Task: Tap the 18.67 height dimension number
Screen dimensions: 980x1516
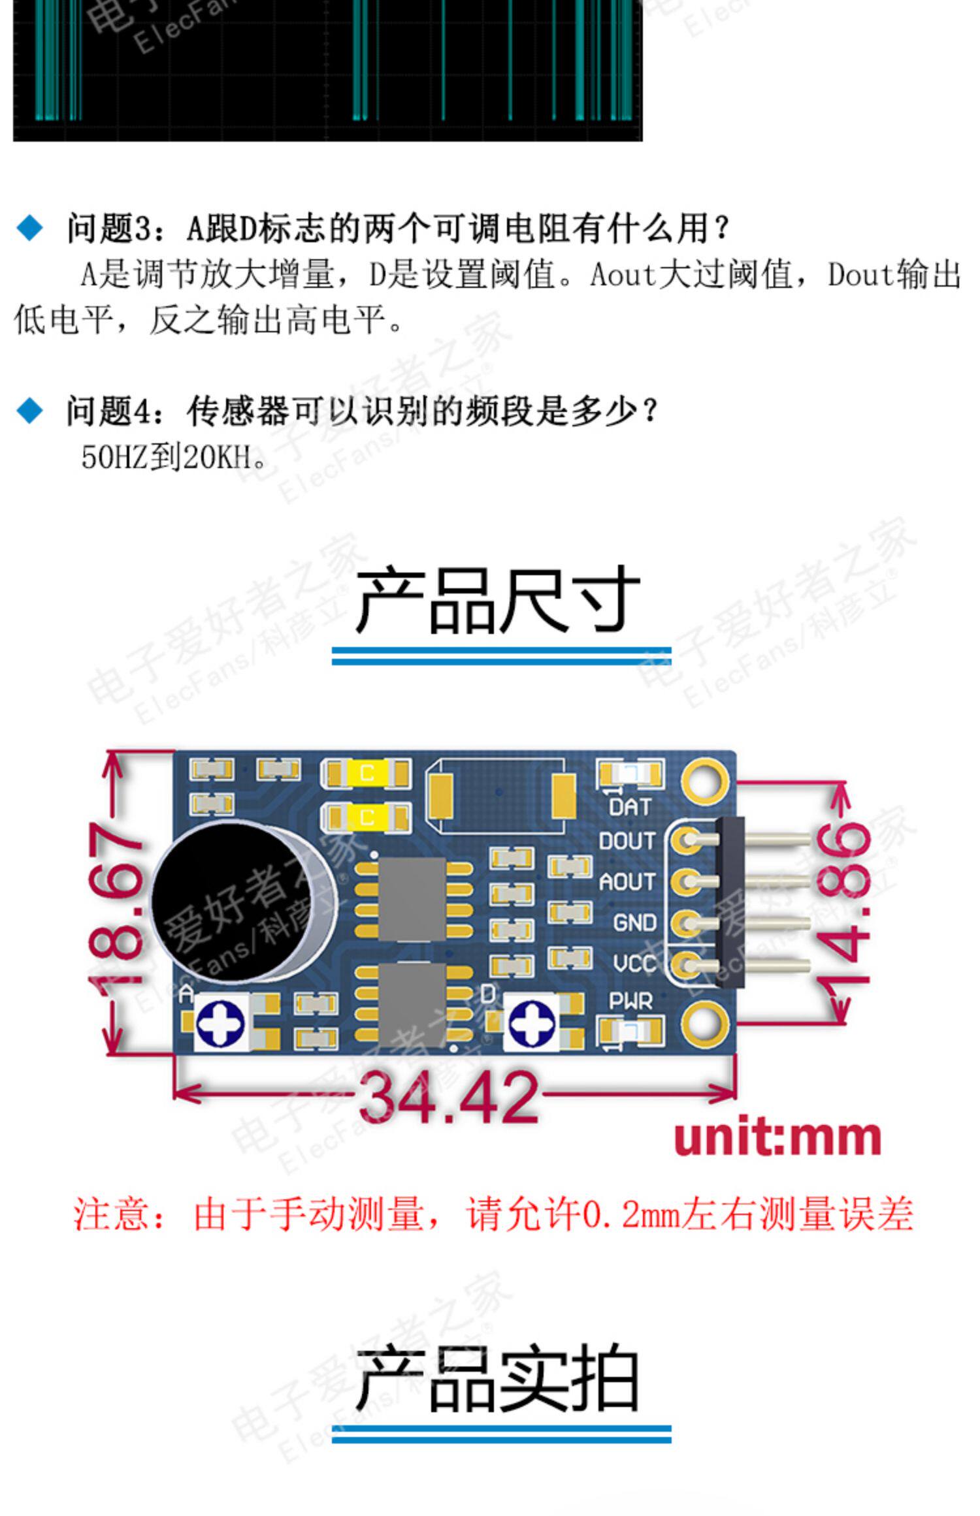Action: pyautogui.click(x=116, y=903)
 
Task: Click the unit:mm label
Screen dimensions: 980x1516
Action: pyautogui.click(x=777, y=1138)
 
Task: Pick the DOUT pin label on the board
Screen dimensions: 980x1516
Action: pyautogui.click(x=627, y=842)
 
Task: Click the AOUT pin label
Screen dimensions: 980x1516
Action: pyautogui.click(x=627, y=882)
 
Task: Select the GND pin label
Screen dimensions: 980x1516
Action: pyautogui.click(x=634, y=923)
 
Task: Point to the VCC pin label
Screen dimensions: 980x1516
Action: pyautogui.click(x=634, y=964)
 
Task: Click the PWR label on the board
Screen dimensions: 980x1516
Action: pyautogui.click(x=630, y=1001)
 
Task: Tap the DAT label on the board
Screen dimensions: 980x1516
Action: pyautogui.click(x=630, y=808)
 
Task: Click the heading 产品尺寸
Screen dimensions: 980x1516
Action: pyautogui.click(x=497, y=600)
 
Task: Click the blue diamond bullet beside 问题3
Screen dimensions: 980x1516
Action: pyautogui.click(x=29, y=229)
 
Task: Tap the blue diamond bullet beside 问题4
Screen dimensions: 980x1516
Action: pyautogui.click(x=29, y=411)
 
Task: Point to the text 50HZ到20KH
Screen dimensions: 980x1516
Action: pyautogui.click(x=174, y=457)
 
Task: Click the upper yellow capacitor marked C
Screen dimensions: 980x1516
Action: pyautogui.click(x=367, y=774)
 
